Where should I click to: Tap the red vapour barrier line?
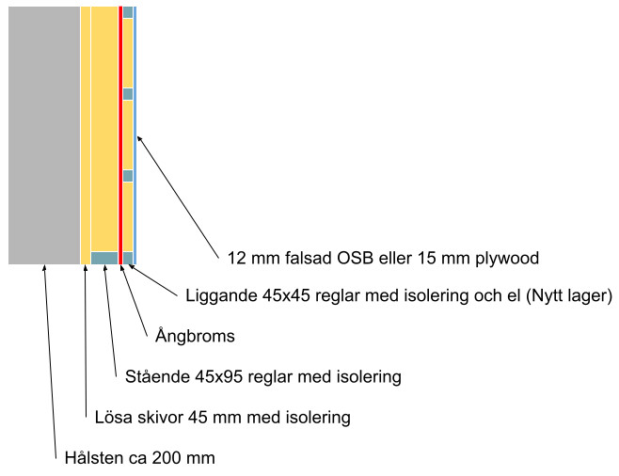point(120,132)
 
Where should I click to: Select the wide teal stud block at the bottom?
point(104,258)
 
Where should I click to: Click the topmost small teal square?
point(128,12)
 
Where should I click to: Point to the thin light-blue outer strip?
point(135,132)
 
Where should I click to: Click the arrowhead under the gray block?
point(44,269)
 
